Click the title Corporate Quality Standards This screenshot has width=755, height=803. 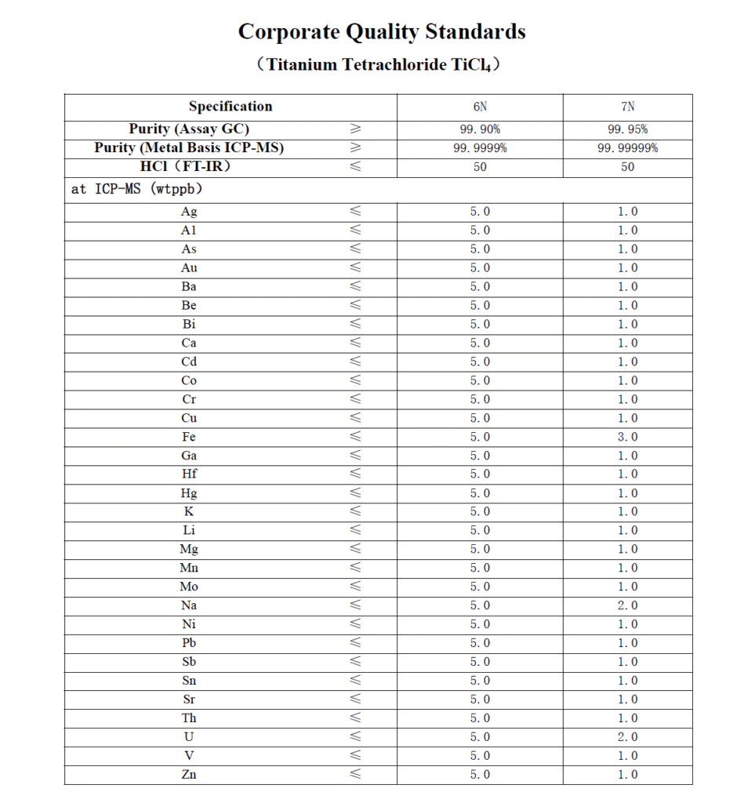pos(381,32)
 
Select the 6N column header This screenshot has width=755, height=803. pos(480,107)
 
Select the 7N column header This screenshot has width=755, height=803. pos(627,107)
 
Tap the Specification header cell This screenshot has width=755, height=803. pos(230,107)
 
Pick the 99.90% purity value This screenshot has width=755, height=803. pos(480,129)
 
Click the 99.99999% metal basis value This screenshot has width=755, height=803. pos(627,148)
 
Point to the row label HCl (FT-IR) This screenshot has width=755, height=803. pos(189,166)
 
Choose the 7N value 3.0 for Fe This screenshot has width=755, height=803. pos(627,437)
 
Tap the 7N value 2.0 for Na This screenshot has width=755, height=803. pos(627,605)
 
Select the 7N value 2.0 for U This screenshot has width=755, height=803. pos(627,737)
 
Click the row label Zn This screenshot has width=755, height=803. pos(189,775)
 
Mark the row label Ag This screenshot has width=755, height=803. pos(189,211)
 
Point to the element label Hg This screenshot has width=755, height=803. pos(189,493)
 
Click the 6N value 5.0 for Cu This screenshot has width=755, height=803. pos(480,418)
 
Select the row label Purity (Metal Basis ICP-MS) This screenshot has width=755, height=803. pos(189,148)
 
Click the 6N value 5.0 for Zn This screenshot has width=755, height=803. pos(480,775)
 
